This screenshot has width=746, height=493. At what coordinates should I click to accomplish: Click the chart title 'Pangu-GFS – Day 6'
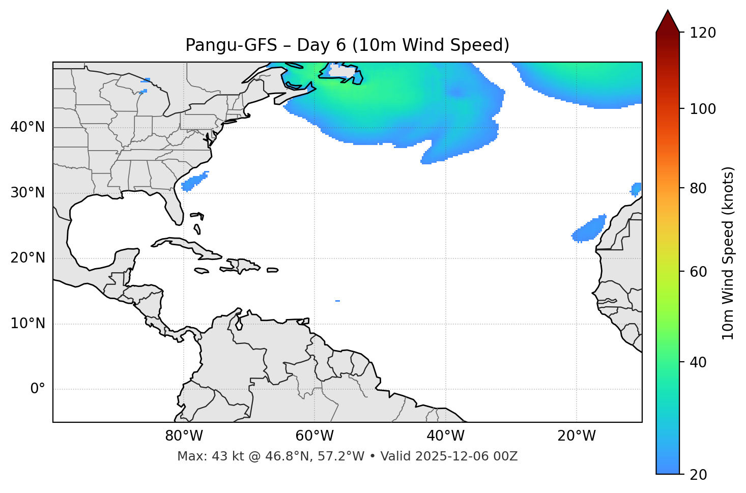(x=347, y=45)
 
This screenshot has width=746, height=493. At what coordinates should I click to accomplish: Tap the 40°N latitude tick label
(x=27, y=127)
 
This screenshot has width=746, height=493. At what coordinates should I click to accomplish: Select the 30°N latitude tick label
(x=27, y=193)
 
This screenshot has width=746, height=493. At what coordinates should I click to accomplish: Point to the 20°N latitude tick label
(x=27, y=258)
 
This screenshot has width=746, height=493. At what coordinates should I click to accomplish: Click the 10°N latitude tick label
(x=27, y=324)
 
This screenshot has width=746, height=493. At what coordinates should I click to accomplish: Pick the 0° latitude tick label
(x=38, y=389)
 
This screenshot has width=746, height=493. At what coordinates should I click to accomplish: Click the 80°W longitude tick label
(x=184, y=436)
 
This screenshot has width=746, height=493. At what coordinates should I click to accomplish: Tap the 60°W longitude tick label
(x=314, y=436)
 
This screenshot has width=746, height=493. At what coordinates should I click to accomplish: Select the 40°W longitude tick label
(x=446, y=436)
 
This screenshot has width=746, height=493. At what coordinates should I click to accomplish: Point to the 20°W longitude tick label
(x=577, y=436)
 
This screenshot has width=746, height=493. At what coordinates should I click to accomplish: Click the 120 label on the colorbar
(x=703, y=33)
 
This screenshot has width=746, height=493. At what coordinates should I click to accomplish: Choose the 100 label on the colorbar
(x=703, y=109)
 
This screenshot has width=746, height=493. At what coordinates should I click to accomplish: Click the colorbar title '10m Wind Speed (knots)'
(x=728, y=253)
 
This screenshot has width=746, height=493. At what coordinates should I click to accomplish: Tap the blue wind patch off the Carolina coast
(x=194, y=182)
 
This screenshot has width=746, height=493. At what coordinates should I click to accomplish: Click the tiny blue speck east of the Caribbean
(x=337, y=301)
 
